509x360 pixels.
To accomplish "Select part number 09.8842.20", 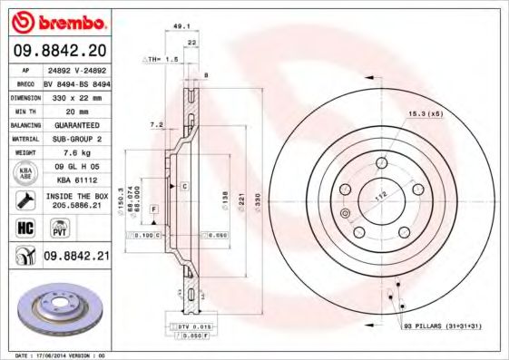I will (58, 51).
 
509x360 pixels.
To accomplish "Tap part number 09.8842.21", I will (76, 258).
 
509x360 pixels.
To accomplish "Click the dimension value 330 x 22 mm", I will (75, 95).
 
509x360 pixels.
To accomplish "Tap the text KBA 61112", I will (75, 180).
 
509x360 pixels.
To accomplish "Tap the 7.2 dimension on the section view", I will (155, 123).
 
